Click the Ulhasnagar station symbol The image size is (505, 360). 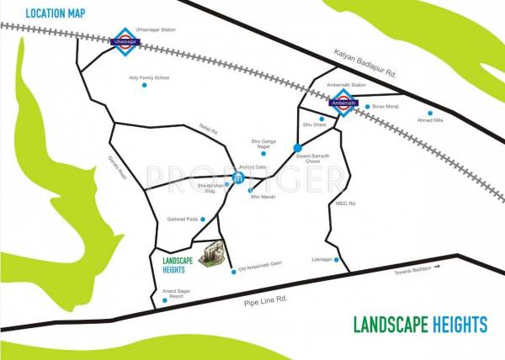123,41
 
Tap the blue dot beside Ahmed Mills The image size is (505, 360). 430,114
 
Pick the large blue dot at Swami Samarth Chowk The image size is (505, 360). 297,148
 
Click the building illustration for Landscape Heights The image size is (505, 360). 219,251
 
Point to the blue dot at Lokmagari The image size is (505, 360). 338,260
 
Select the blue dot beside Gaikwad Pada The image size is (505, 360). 202,219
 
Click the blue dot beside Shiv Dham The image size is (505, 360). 322,119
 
